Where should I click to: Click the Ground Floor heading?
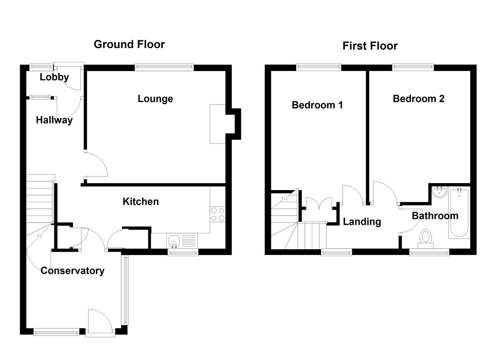coord(129,44)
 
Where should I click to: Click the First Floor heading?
coord(370,46)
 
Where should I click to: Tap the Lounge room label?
coord(155,99)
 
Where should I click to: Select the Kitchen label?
coord(141,201)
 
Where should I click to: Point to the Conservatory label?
coord(72,270)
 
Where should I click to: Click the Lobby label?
coord(54,77)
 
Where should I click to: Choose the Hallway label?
coord(54,120)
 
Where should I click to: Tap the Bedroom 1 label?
coord(317,105)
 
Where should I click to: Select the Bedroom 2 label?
coord(418,99)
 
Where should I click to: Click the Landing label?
coord(362,222)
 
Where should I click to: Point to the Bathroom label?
coord(435,216)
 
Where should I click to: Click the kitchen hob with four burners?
coord(218,214)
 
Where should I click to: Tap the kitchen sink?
coord(174,241)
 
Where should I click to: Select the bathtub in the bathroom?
coord(460,213)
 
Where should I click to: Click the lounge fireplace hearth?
coord(218,124)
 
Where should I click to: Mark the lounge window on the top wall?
coord(164,67)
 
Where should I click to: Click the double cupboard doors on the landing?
coord(319,204)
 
